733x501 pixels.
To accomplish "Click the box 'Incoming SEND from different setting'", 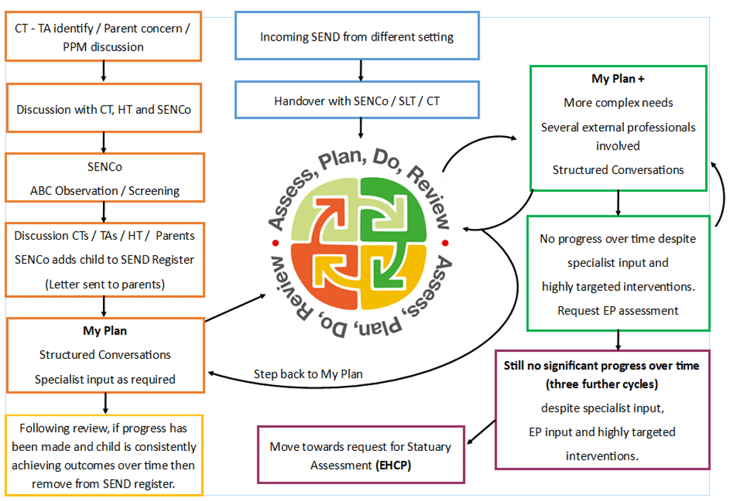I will tap(357, 37).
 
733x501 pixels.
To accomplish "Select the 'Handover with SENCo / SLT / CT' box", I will tap(357, 101).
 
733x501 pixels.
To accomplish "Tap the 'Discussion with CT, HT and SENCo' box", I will tap(104, 109).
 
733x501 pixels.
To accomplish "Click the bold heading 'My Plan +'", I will tap(618, 79).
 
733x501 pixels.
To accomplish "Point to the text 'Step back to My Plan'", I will tap(308, 374).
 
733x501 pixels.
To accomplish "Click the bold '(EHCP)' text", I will tap(394, 465).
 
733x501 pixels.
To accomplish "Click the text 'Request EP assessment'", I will tap(618, 311).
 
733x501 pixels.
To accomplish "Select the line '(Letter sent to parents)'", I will tap(104, 284).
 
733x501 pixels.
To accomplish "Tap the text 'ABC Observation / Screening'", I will tap(104, 190).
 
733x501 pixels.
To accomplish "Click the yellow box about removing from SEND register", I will tap(104, 456).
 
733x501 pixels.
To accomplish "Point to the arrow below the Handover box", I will tap(360, 127).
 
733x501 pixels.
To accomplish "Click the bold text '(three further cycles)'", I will tap(601, 383).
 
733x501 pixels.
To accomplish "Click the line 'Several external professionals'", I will tap(618, 127).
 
